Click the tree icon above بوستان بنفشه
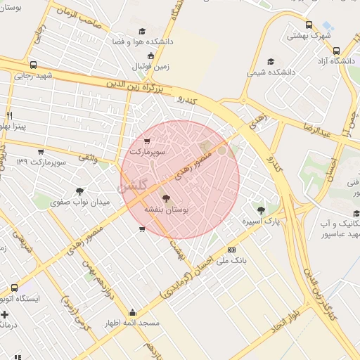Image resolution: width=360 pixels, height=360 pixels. click(x=166, y=198)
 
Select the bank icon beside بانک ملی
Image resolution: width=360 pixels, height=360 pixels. click(x=231, y=250)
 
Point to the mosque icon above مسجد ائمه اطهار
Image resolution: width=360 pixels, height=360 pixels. click(x=132, y=312)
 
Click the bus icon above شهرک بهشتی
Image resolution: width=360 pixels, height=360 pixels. click(x=309, y=25)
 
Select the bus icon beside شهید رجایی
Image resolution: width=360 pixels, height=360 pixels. click(x=34, y=65)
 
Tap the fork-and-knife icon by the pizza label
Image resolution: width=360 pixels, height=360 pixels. click(x=9, y=115)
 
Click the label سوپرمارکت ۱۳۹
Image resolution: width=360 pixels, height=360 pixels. click(x=41, y=162)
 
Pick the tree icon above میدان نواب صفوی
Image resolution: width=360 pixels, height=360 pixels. click(x=80, y=191)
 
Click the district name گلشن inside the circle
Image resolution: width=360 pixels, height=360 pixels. click(x=133, y=188)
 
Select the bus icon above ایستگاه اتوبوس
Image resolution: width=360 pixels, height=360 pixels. click(x=15, y=288)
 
